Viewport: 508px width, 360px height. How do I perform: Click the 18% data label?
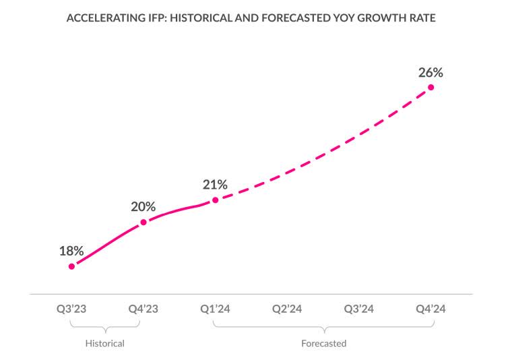coord(71,251)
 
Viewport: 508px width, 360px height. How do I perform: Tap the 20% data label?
coord(143,206)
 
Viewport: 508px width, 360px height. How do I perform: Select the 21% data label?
coord(215,184)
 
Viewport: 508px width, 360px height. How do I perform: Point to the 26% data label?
coord(431,72)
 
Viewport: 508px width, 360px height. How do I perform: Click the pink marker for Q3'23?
coord(71,266)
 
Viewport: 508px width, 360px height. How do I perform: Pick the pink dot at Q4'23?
coord(143,222)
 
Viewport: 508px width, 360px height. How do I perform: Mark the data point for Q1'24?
coord(215,200)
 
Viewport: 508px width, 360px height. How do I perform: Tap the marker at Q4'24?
coord(431,87)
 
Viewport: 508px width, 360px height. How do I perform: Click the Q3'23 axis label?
coord(71,309)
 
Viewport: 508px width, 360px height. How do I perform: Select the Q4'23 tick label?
coord(143,309)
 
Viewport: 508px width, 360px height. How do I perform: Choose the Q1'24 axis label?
coord(215,309)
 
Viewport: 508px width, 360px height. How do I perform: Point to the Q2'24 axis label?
coord(287,309)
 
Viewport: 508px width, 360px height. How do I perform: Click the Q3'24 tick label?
coord(358,309)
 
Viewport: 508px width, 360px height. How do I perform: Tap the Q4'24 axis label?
coord(431,309)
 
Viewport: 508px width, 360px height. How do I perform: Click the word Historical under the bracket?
coord(105,344)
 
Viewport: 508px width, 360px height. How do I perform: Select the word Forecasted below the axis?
coord(323,344)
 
